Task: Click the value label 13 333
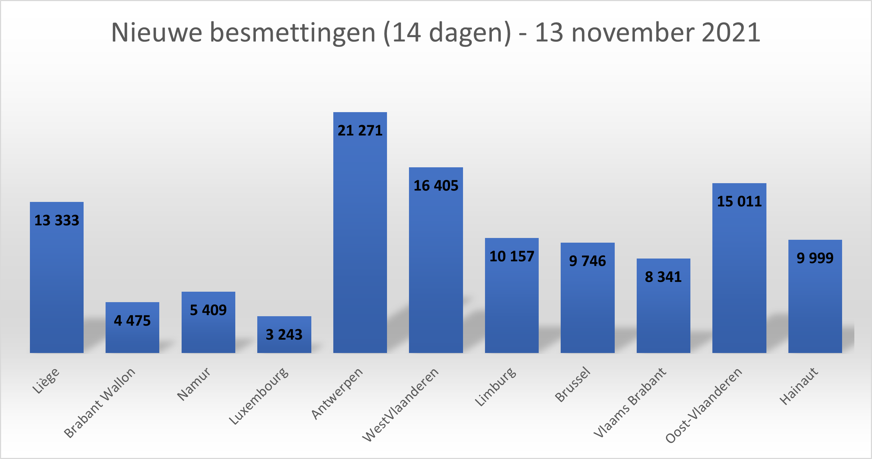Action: pos(57,220)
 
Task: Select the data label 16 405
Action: pos(436,186)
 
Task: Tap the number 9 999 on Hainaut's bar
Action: pos(815,258)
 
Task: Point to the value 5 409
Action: pos(208,310)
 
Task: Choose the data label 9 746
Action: pos(587,261)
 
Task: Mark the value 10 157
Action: pos(512,256)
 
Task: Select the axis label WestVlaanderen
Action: pos(401,405)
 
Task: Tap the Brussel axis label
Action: pos(573,384)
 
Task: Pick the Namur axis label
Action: pos(194,384)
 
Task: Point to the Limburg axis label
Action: pos(495,387)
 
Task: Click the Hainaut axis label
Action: pos(799,386)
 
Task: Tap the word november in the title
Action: pos(633,32)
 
